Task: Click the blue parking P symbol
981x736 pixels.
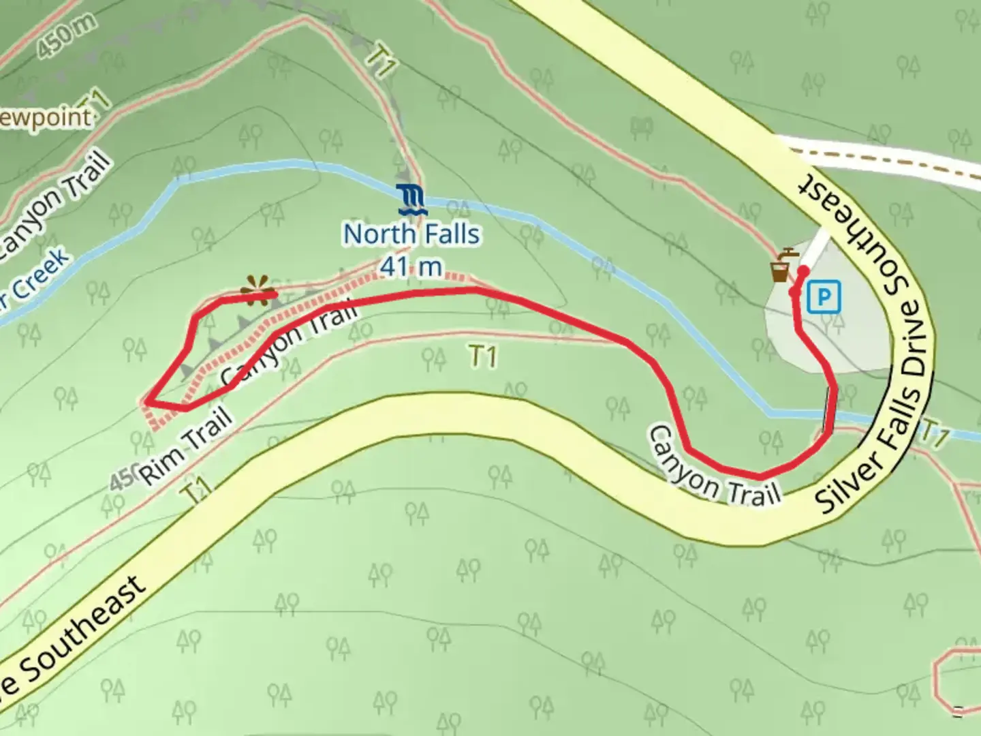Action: pos(824,297)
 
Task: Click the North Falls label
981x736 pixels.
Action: pos(411,234)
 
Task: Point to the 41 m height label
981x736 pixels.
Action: pos(411,266)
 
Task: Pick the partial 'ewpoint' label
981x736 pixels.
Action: pos(45,118)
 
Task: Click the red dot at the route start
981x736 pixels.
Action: pos(803,271)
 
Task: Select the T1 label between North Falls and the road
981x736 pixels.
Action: pos(482,356)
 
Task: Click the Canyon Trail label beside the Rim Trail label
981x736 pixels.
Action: pos(290,345)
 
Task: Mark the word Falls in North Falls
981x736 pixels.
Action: pos(448,234)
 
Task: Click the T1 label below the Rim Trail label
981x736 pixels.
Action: pos(196,490)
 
